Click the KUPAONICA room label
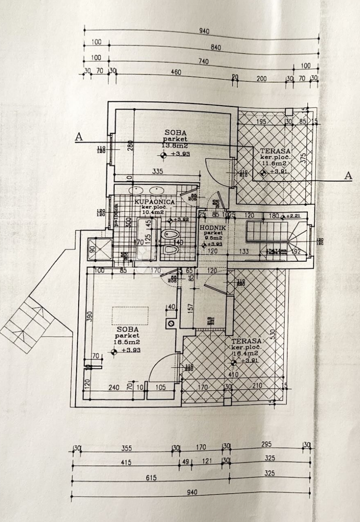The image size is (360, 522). pyautogui.click(x=155, y=202)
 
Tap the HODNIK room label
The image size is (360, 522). pyautogui.click(x=211, y=228)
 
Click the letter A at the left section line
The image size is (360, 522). pyautogui.click(x=79, y=137)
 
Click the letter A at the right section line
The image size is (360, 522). pyautogui.click(x=347, y=175)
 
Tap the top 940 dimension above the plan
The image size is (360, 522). pyautogui.click(x=204, y=31)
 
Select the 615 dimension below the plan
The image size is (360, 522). pyautogui.click(x=151, y=478)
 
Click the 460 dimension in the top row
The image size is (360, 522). pyautogui.click(x=176, y=72)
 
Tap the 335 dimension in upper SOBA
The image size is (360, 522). pyautogui.click(x=157, y=171)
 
